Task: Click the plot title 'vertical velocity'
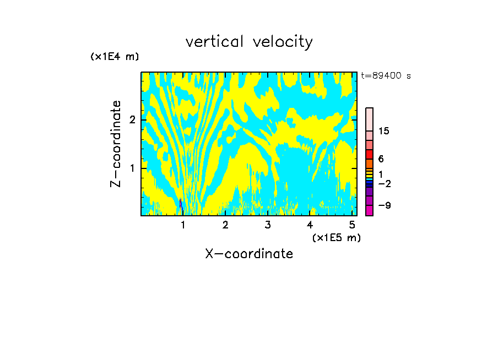coord(249,42)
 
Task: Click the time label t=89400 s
coord(386,76)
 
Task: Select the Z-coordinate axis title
coord(116,144)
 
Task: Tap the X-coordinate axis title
coord(249,254)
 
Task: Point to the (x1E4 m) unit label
coord(115,57)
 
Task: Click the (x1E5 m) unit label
coord(336,237)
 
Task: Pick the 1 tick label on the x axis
coord(183,225)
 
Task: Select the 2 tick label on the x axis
coord(225,225)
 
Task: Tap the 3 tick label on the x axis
coord(268,225)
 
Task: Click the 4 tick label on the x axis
coord(310,225)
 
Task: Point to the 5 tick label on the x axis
coord(351,225)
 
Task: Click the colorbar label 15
coord(384,132)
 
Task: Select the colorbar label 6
coord(381,159)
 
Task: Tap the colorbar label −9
coord(384,206)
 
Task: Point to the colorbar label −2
coord(384,183)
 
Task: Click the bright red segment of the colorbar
coord(369,154)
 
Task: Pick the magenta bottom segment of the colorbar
coord(369,210)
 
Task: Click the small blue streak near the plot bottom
coord(180,204)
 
